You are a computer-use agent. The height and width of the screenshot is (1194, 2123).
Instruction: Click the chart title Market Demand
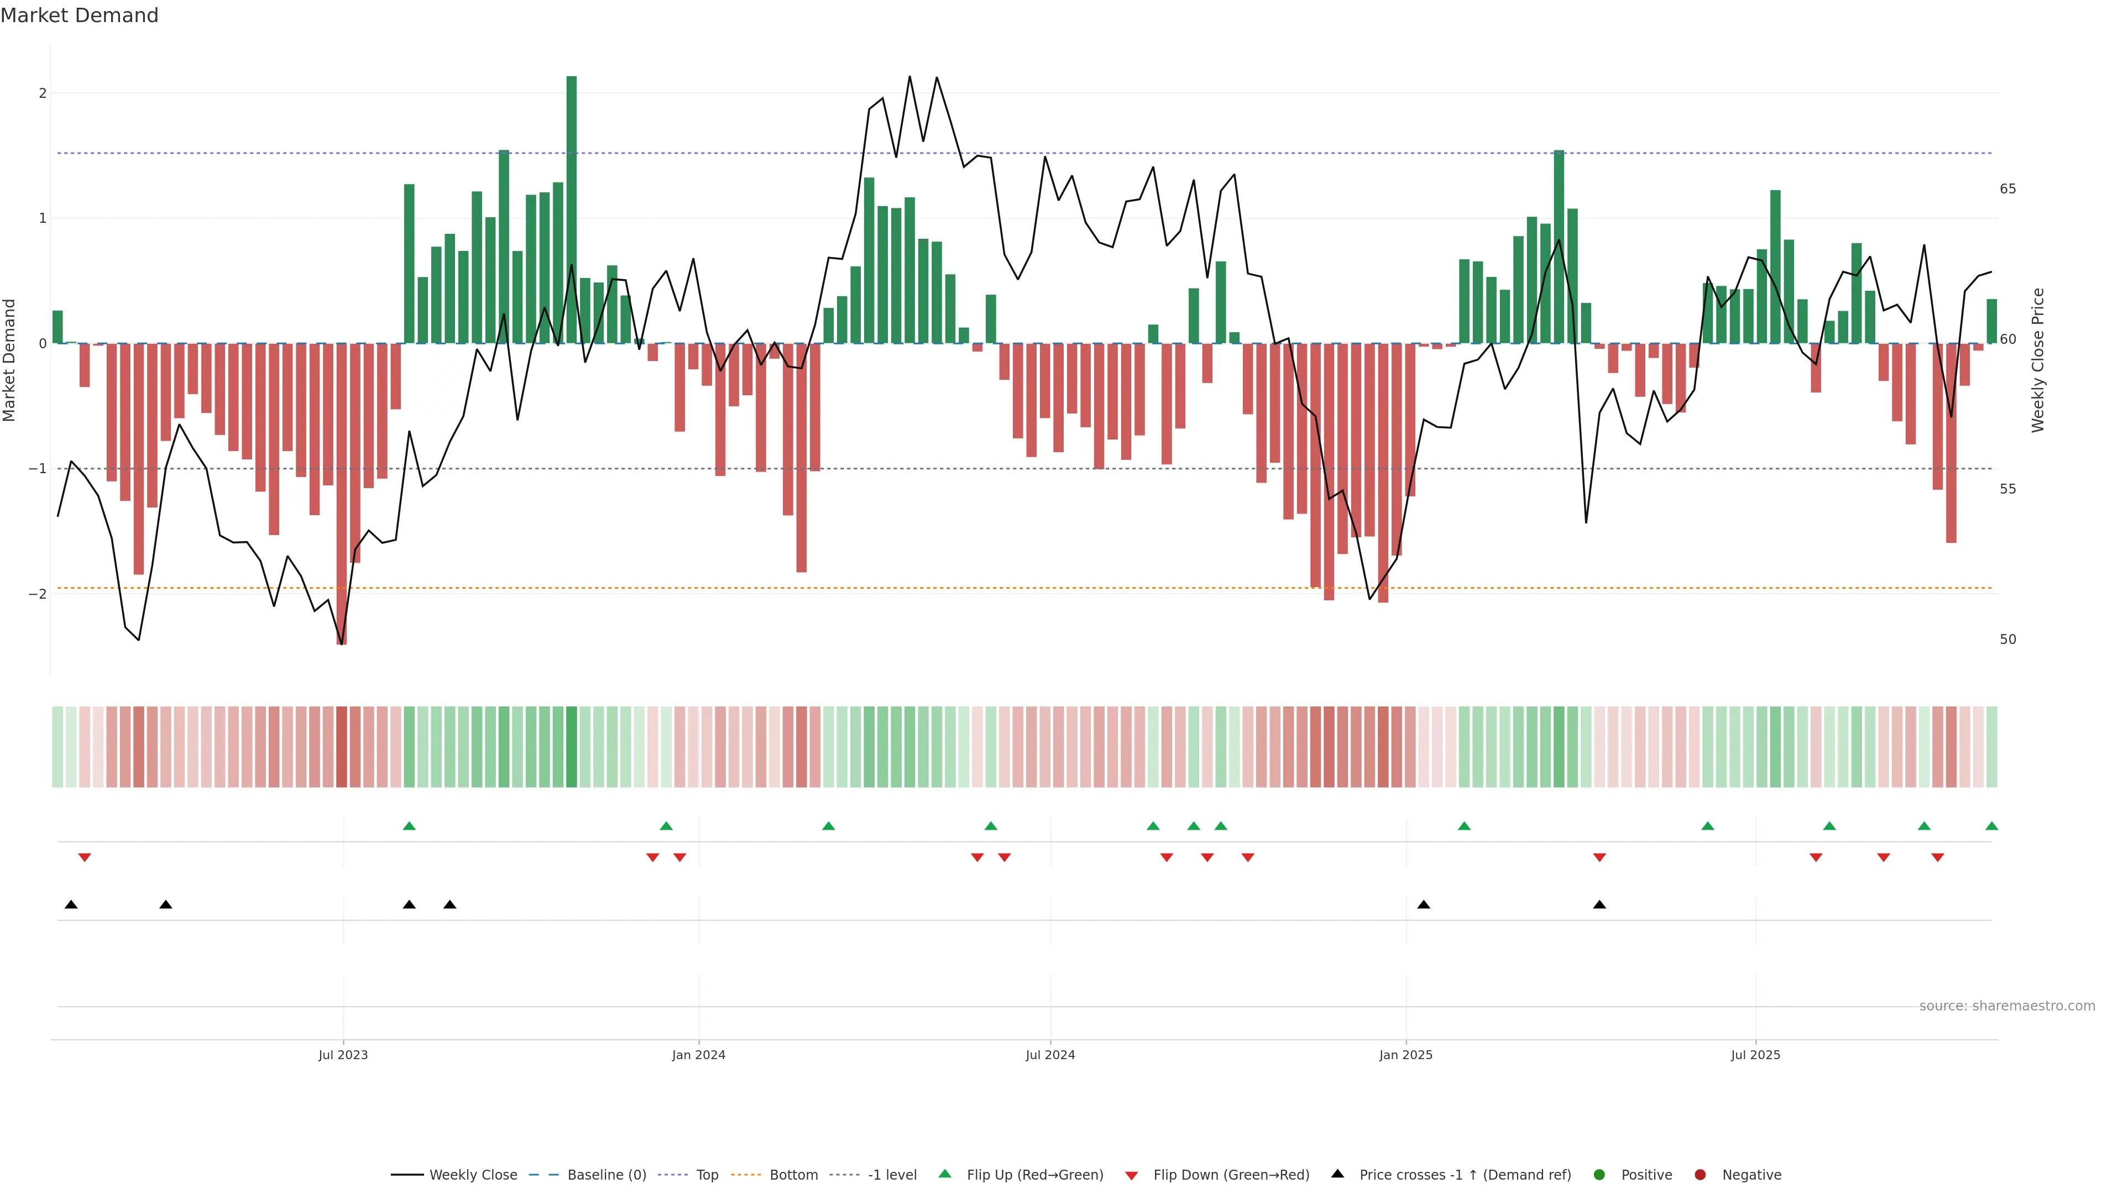pos(79,15)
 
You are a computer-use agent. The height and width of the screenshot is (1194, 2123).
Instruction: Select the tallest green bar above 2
pos(571,210)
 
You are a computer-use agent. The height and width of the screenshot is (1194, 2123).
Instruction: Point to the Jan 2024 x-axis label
pos(698,1055)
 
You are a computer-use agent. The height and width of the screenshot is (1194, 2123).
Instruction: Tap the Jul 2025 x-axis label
pos(1755,1055)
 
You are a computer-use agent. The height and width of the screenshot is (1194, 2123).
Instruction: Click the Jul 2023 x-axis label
pos(343,1055)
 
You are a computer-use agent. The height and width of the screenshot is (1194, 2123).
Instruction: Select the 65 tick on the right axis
pos(2007,188)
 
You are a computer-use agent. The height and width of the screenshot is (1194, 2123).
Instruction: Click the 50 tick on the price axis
pos(2007,640)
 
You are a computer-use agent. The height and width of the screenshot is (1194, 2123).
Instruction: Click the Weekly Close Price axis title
pos(2037,360)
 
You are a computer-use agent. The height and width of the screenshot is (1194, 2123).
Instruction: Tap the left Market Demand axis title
pos(10,360)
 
